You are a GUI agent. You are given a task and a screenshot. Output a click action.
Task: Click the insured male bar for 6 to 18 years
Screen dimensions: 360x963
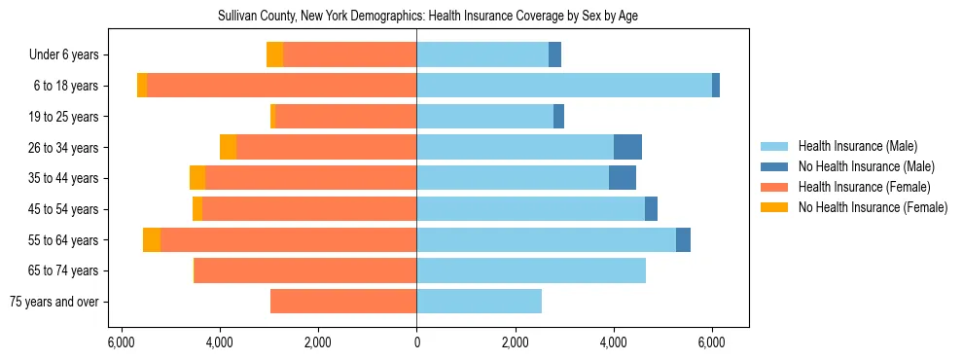coord(564,86)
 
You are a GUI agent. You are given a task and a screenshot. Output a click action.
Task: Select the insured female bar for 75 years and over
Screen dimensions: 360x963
coord(343,302)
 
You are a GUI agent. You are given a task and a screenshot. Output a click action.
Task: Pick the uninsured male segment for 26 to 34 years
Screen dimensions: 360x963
coord(627,147)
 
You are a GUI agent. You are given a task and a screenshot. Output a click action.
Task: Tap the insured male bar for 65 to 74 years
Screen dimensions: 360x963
coord(531,270)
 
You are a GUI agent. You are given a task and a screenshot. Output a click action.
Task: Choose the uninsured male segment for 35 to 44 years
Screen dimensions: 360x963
coord(623,178)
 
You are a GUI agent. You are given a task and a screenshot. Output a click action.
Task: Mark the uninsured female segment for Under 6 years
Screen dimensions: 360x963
coord(274,55)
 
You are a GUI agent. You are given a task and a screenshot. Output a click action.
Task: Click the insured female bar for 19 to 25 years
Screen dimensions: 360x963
coord(346,117)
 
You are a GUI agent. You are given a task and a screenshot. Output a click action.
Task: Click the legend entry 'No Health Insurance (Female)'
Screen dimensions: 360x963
coord(873,207)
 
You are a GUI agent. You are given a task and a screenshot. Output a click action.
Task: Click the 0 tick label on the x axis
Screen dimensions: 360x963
coord(416,342)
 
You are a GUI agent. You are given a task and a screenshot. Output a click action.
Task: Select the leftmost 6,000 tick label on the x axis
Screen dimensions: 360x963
coord(121,342)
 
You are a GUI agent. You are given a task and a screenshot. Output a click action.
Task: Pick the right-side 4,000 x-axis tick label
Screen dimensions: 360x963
coord(614,342)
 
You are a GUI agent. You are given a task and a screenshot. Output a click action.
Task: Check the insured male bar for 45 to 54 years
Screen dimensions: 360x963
coord(530,209)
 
